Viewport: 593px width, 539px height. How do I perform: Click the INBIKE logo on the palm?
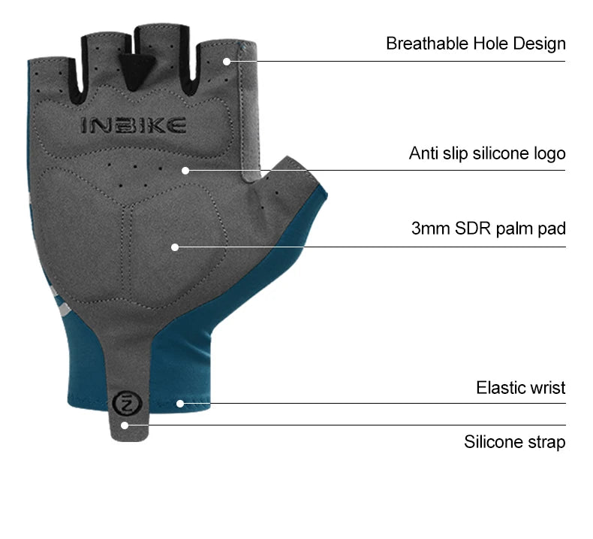tap(133, 126)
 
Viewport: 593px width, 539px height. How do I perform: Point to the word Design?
tap(540, 44)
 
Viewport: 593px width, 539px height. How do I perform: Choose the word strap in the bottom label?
tap(546, 441)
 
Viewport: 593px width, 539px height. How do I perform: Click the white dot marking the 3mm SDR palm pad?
tap(174, 247)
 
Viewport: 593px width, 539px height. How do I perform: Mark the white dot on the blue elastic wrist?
tap(180, 403)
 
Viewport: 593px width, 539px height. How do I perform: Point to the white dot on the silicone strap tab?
tap(125, 425)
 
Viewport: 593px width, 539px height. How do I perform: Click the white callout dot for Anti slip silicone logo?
tap(185, 170)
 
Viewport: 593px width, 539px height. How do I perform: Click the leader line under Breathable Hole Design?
tap(405, 61)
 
